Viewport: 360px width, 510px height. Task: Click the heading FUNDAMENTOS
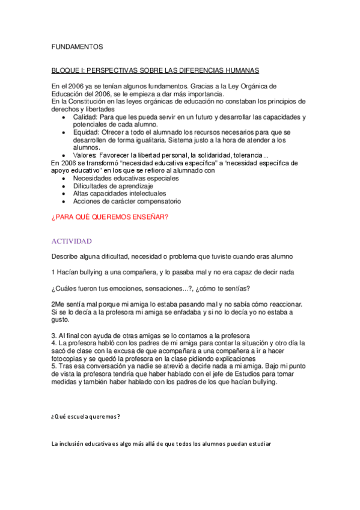77,46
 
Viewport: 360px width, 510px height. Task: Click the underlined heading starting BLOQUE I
163,70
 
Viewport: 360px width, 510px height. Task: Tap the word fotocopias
70,358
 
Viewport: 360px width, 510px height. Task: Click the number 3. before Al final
54,335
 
